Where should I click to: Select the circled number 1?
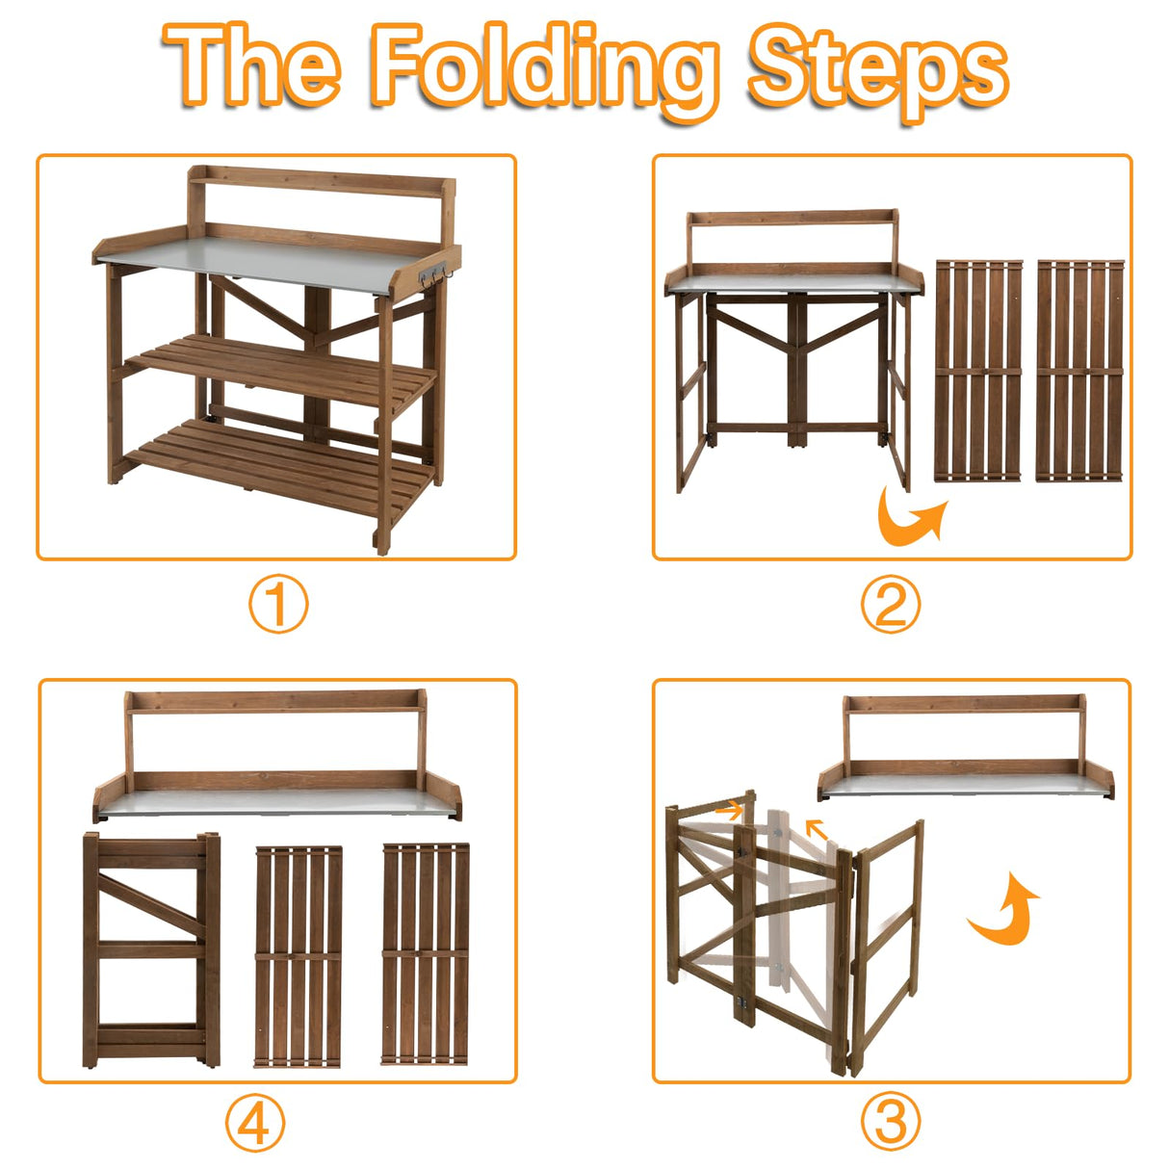pos(278,604)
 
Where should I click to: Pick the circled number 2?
pos(890,604)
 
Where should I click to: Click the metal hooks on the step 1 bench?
pos(434,274)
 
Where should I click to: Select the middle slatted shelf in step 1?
pos(283,369)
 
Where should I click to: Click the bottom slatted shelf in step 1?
pos(280,464)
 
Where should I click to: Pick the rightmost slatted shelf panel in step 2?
pos(1079,371)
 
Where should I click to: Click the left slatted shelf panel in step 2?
pos(978,371)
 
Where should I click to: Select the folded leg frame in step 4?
pos(151,950)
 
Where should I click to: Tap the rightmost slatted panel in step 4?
pos(426,953)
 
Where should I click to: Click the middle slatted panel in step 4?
pos(299,956)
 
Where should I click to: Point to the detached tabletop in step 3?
pos(966,748)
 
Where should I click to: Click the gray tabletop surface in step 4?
pos(277,801)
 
